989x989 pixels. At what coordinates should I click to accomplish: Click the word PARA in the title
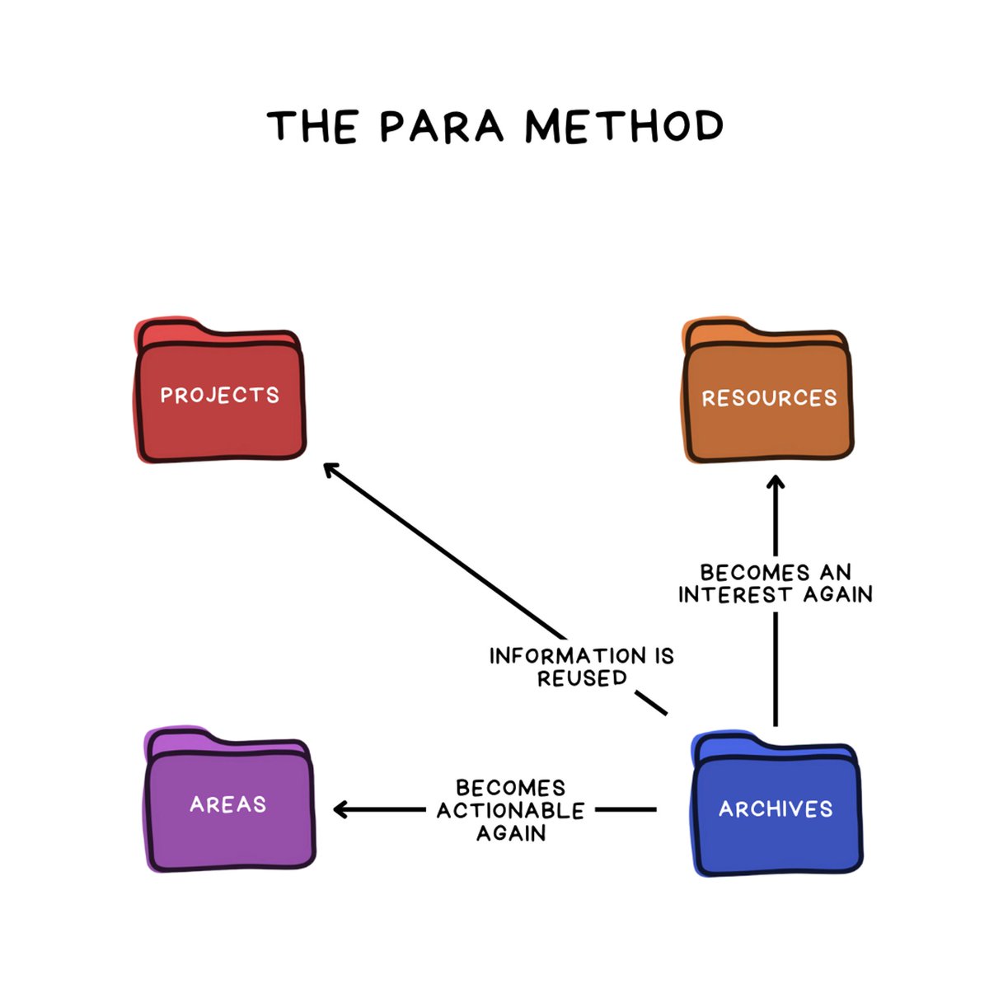tap(442, 127)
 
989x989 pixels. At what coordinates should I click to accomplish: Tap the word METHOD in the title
tap(625, 127)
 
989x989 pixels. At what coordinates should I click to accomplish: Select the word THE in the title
tap(312, 127)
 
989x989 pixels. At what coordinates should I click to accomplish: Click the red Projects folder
tap(220, 412)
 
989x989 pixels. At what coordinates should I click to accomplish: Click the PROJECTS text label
tap(220, 396)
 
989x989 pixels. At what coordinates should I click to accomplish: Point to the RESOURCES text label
tap(769, 398)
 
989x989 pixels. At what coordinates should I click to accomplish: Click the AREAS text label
tap(228, 804)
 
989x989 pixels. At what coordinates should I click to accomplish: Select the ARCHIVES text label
tap(776, 809)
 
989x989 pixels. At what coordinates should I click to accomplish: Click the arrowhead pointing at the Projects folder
tap(330, 470)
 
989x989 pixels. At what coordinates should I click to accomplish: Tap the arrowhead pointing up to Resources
tap(776, 481)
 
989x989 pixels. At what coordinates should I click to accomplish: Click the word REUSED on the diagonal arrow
tap(582, 678)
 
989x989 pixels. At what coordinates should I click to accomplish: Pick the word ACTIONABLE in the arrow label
tap(510, 811)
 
